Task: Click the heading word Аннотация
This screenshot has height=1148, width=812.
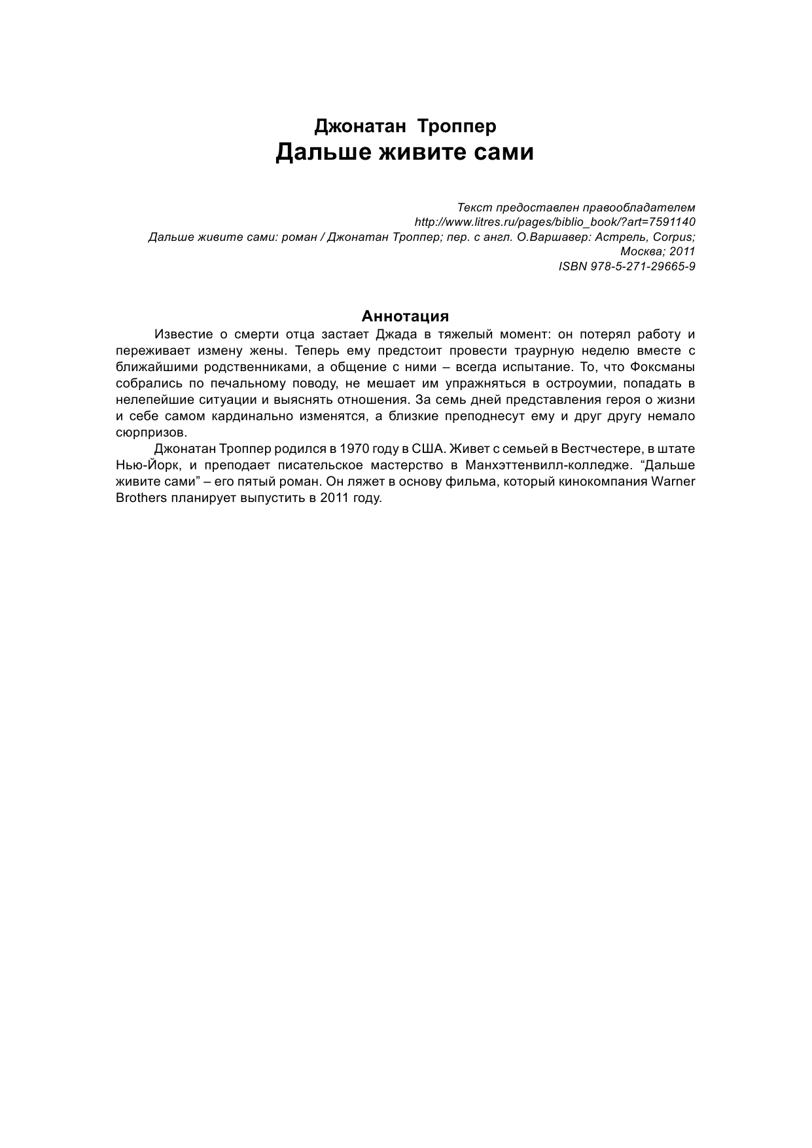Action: point(405,316)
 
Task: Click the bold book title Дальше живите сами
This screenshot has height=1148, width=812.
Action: point(404,152)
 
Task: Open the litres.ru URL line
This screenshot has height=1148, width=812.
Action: point(555,222)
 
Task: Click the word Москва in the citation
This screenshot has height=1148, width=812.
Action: point(638,251)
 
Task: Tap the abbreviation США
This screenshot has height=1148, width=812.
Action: point(428,449)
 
